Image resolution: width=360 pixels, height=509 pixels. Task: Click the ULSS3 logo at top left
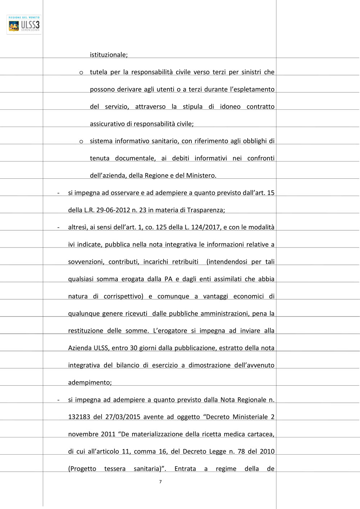tap(24, 24)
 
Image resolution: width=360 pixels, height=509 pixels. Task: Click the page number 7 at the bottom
tap(161, 482)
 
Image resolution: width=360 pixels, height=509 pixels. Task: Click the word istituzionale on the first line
tap(108, 55)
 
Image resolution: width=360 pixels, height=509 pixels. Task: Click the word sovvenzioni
tap(86, 262)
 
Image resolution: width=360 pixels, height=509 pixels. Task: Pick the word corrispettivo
tap(123, 296)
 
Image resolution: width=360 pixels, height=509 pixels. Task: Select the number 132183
tap(79, 417)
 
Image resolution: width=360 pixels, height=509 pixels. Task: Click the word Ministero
tap(201, 176)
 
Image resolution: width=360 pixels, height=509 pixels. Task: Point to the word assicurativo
tap(107, 124)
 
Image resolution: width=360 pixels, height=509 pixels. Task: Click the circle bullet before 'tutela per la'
tap(81, 73)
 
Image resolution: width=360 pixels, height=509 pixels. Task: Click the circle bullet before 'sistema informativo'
tap(81, 142)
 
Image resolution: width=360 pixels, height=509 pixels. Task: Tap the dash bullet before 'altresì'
tap(58, 227)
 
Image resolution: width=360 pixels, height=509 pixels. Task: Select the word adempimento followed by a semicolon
tap(90, 383)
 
